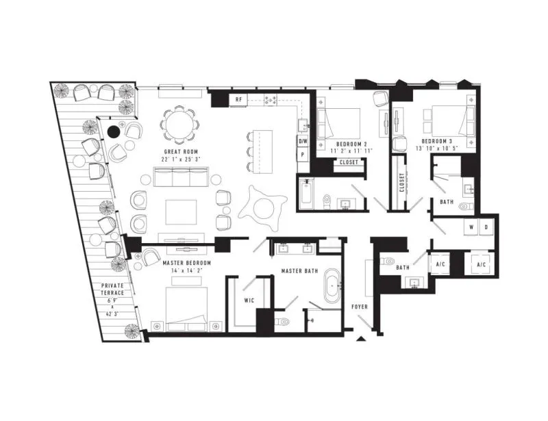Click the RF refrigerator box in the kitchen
[238, 99]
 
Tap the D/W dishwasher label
[303, 142]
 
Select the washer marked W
[471, 227]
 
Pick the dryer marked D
[486, 227]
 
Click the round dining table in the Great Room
[179, 125]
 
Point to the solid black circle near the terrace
[113, 131]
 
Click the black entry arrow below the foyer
[361, 338]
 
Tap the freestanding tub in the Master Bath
[332, 286]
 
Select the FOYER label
[360, 307]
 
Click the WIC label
[249, 301]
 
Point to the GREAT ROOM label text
[181, 152]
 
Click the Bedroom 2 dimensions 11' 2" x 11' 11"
[351, 151]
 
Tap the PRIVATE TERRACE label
[112, 290]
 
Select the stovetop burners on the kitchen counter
[271, 100]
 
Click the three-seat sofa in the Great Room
[182, 177]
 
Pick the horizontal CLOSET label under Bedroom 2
[349, 162]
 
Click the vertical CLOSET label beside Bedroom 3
[402, 182]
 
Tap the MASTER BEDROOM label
[187, 263]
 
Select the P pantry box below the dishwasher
[303, 154]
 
